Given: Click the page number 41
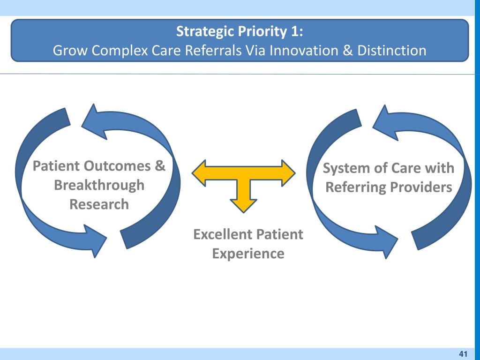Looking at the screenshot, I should coord(464,353).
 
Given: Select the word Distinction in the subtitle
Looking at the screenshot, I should coord(391,50).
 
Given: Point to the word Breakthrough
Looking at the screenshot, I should coord(99,185).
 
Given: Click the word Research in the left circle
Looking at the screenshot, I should coord(99,204).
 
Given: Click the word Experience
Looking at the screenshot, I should coord(248,254).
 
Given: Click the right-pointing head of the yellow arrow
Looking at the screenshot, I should coord(288,172).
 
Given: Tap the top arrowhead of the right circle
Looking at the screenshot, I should coord(384,123).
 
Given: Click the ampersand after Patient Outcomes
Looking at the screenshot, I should coord(160,166).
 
